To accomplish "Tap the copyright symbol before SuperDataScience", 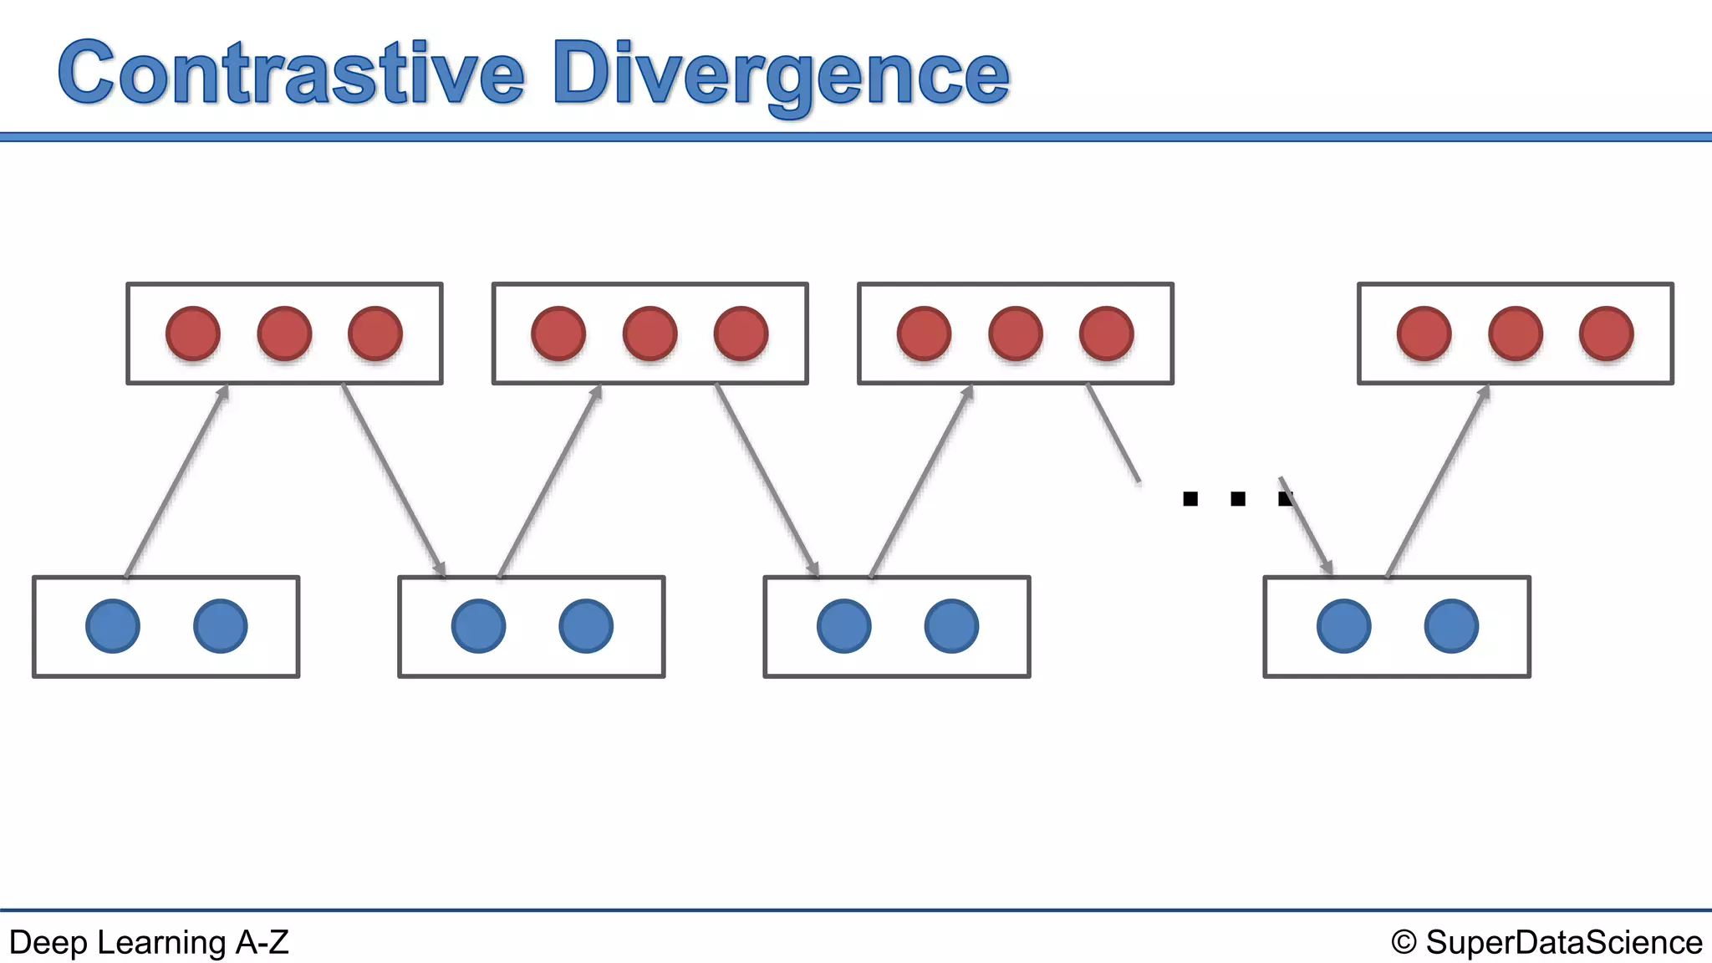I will point(1404,942).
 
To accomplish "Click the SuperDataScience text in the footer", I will point(1563,942).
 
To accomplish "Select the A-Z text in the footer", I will point(262,942).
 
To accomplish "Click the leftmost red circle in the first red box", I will point(193,334).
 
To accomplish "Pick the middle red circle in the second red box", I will point(650,334).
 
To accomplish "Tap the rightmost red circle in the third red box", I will point(1106,334).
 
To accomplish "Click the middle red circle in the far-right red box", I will point(1515,334).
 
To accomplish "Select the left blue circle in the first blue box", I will point(113,625).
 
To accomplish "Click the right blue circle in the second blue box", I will point(586,625).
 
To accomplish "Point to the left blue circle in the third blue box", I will point(843,625).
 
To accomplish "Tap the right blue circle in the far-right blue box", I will point(1451,625).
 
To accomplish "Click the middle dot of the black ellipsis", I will point(1238,499).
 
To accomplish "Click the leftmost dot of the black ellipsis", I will point(1190,499).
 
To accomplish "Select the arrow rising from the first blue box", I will point(176,481).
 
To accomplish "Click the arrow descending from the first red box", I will point(393,480).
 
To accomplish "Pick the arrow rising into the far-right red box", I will point(1438,481).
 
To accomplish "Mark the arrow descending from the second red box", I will point(767,480).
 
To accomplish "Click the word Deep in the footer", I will point(47,942).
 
